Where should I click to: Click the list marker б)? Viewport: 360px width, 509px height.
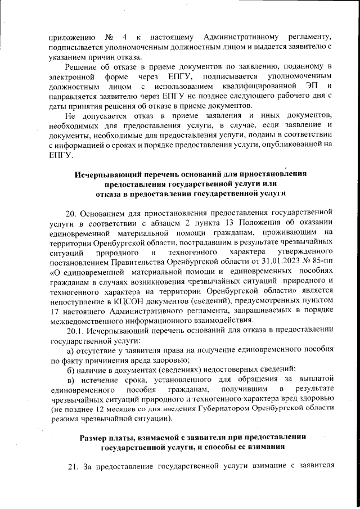point(71,369)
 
